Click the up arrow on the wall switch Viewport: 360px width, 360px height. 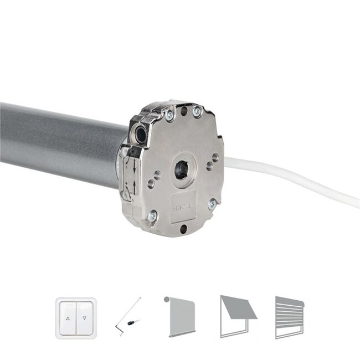pyautogui.click(x=68, y=319)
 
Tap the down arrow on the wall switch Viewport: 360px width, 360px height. pyautogui.click(x=85, y=319)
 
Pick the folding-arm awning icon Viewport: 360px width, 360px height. pyautogui.click(x=236, y=315)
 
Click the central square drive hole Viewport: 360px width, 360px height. pyautogui.click(x=182, y=170)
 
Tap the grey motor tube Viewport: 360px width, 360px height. pyautogui.click(x=55, y=141)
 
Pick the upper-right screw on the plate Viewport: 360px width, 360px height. pyautogui.click(x=197, y=112)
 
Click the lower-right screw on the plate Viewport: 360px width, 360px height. pyautogui.click(x=211, y=204)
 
